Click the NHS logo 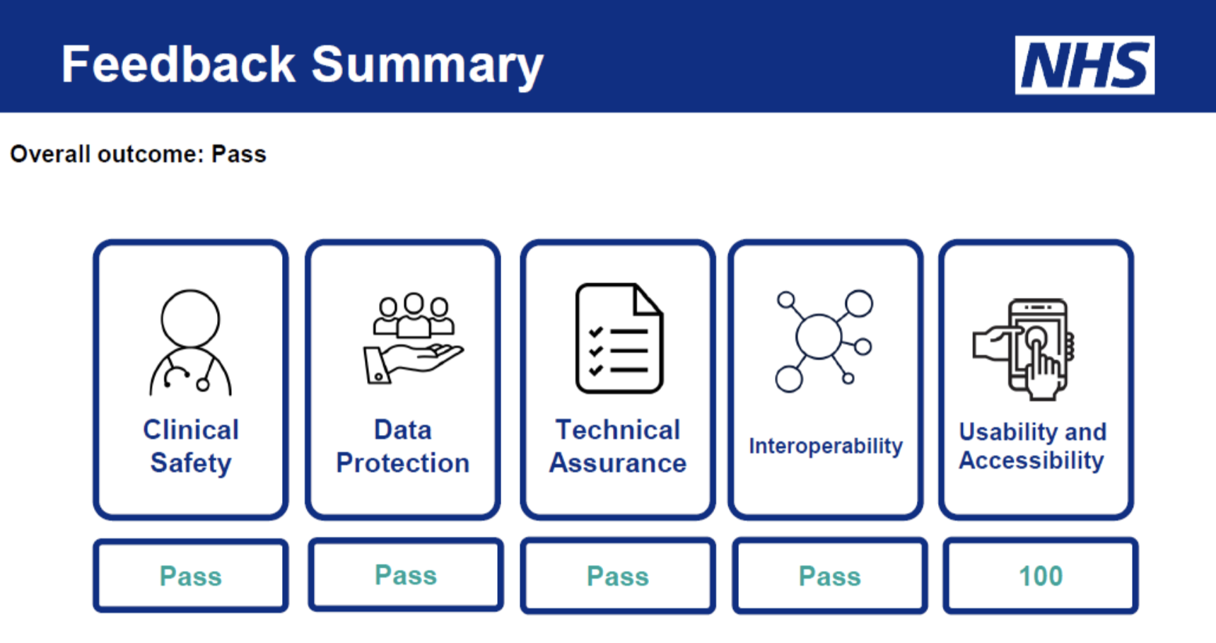pyautogui.click(x=1085, y=65)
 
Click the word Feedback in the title pyautogui.click(x=177, y=65)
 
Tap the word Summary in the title pyautogui.click(x=427, y=65)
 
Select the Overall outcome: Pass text pyautogui.click(x=138, y=154)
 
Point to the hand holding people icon pyautogui.click(x=413, y=339)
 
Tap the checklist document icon pyautogui.click(x=619, y=338)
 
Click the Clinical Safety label pyautogui.click(x=191, y=446)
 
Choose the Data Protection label pyautogui.click(x=403, y=446)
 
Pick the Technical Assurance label pyautogui.click(x=618, y=446)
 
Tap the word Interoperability pyautogui.click(x=826, y=446)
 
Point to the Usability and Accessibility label pyautogui.click(x=1032, y=446)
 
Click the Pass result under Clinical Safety pyautogui.click(x=191, y=576)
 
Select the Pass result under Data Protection pyautogui.click(x=406, y=575)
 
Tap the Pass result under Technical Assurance pyautogui.click(x=618, y=576)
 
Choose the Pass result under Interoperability pyautogui.click(x=830, y=576)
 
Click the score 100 pyautogui.click(x=1041, y=576)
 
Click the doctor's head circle pyautogui.click(x=190, y=318)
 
